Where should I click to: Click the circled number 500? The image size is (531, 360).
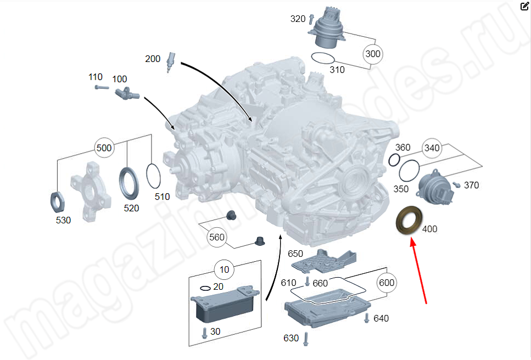(x=104, y=148)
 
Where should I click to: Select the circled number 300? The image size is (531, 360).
(x=373, y=54)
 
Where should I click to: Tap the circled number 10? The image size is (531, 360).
(x=224, y=270)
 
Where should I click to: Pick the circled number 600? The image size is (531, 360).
(x=387, y=282)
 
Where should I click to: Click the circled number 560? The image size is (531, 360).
(x=217, y=238)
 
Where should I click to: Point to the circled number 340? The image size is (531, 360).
(x=432, y=148)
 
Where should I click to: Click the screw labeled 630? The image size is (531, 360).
(x=305, y=337)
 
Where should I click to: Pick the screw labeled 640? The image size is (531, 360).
(x=367, y=318)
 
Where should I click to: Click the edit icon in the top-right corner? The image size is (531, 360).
(x=524, y=6)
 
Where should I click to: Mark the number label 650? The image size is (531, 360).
(x=295, y=254)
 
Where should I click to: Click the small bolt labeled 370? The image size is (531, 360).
(x=456, y=185)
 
